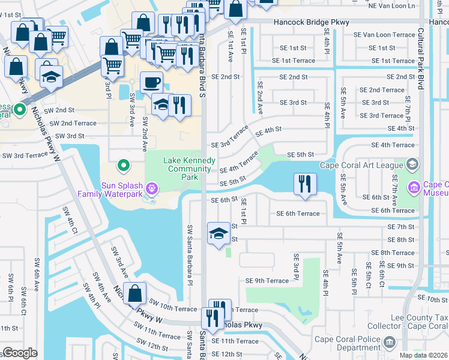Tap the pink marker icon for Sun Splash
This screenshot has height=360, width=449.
tap(152, 189)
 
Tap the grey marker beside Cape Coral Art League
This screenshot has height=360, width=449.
tap(412, 164)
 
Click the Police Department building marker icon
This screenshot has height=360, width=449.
tap(390, 342)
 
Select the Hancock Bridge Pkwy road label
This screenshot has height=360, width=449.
tap(311, 22)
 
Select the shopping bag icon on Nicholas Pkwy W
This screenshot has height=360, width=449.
tap(136, 294)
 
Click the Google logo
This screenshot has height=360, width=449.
tap(20, 353)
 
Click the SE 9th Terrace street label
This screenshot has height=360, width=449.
tap(267, 281)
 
